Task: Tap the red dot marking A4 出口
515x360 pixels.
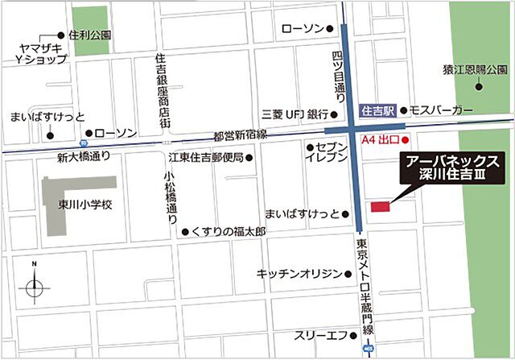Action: [416, 139]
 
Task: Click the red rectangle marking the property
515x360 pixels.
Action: [380, 207]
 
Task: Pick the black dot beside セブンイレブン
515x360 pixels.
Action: [309, 147]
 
